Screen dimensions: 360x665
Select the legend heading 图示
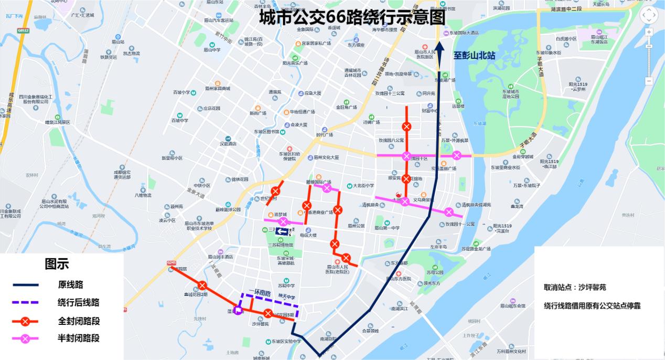(x=56, y=264)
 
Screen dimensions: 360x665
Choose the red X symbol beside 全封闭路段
(x=26, y=321)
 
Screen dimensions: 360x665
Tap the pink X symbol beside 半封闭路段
(x=26, y=338)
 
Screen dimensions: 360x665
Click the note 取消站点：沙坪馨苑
(x=575, y=288)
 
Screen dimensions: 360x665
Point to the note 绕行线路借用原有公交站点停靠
(x=592, y=305)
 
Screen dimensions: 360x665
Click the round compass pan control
(x=649, y=15)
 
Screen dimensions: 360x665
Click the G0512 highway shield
(x=23, y=31)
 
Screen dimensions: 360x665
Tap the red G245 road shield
(x=171, y=262)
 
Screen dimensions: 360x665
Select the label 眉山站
(x=119, y=41)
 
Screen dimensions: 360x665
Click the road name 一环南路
(x=261, y=292)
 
